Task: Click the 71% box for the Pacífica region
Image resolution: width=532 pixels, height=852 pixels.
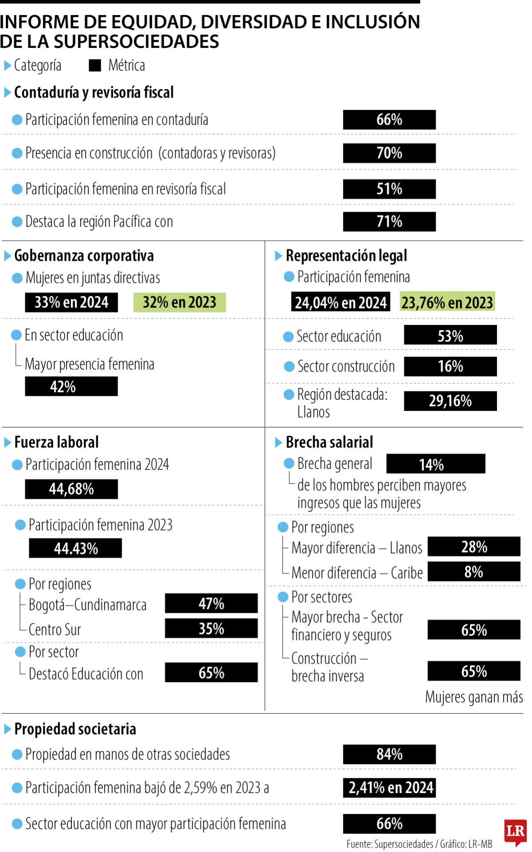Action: point(389,221)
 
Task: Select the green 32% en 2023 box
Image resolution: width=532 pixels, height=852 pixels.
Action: point(179,302)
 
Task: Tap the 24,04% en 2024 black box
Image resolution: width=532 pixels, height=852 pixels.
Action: point(340,302)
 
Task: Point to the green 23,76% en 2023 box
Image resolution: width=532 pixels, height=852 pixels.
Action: point(447,302)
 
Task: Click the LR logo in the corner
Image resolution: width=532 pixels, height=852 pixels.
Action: point(515,831)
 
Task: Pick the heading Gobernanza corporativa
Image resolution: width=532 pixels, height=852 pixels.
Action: point(84,256)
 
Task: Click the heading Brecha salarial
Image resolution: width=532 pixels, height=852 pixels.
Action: point(329,442)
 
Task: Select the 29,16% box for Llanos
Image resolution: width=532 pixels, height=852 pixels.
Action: point(450,401)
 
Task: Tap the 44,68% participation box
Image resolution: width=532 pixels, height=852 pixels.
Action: point(71,489)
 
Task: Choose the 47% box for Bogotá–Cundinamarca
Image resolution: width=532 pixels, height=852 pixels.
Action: point(211,603)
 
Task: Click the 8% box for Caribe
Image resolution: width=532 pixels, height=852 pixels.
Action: point(473,572)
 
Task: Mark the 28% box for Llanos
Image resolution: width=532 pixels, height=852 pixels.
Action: point(473,547)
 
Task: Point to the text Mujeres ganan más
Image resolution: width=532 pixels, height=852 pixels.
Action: point(474,697)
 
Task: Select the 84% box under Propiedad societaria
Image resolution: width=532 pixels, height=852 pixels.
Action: point(389,754)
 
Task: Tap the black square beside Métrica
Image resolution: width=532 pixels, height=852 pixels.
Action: point(95,66)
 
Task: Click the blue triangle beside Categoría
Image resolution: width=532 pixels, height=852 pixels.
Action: point(7,66)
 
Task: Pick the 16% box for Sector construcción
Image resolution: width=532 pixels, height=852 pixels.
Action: point(450,367)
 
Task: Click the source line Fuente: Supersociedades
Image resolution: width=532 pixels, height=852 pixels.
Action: point(419,844)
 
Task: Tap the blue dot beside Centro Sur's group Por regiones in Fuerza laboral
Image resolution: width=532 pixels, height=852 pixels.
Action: point(20,584)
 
